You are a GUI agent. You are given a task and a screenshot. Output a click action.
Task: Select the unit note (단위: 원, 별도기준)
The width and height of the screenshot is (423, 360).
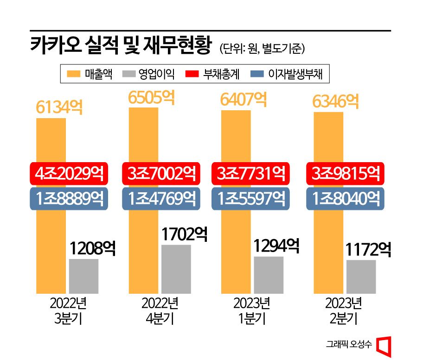(262, 48)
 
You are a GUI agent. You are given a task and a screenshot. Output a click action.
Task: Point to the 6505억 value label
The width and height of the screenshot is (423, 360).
(151, 97)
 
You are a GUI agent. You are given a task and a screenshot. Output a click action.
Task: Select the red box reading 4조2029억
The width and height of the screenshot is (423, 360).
(69, 173)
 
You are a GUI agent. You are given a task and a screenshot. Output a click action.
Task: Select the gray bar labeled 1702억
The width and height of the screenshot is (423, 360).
(176, 269)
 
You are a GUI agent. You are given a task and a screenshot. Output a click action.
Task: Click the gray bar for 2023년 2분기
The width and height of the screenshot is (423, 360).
(361, 277)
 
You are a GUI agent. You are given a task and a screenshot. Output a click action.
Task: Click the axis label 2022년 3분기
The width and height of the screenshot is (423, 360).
(68, 311)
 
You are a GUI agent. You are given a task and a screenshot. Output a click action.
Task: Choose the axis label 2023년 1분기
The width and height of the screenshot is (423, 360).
(252, 311)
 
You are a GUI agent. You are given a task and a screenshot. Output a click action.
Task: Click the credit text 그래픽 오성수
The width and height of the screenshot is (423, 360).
(348, 344)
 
